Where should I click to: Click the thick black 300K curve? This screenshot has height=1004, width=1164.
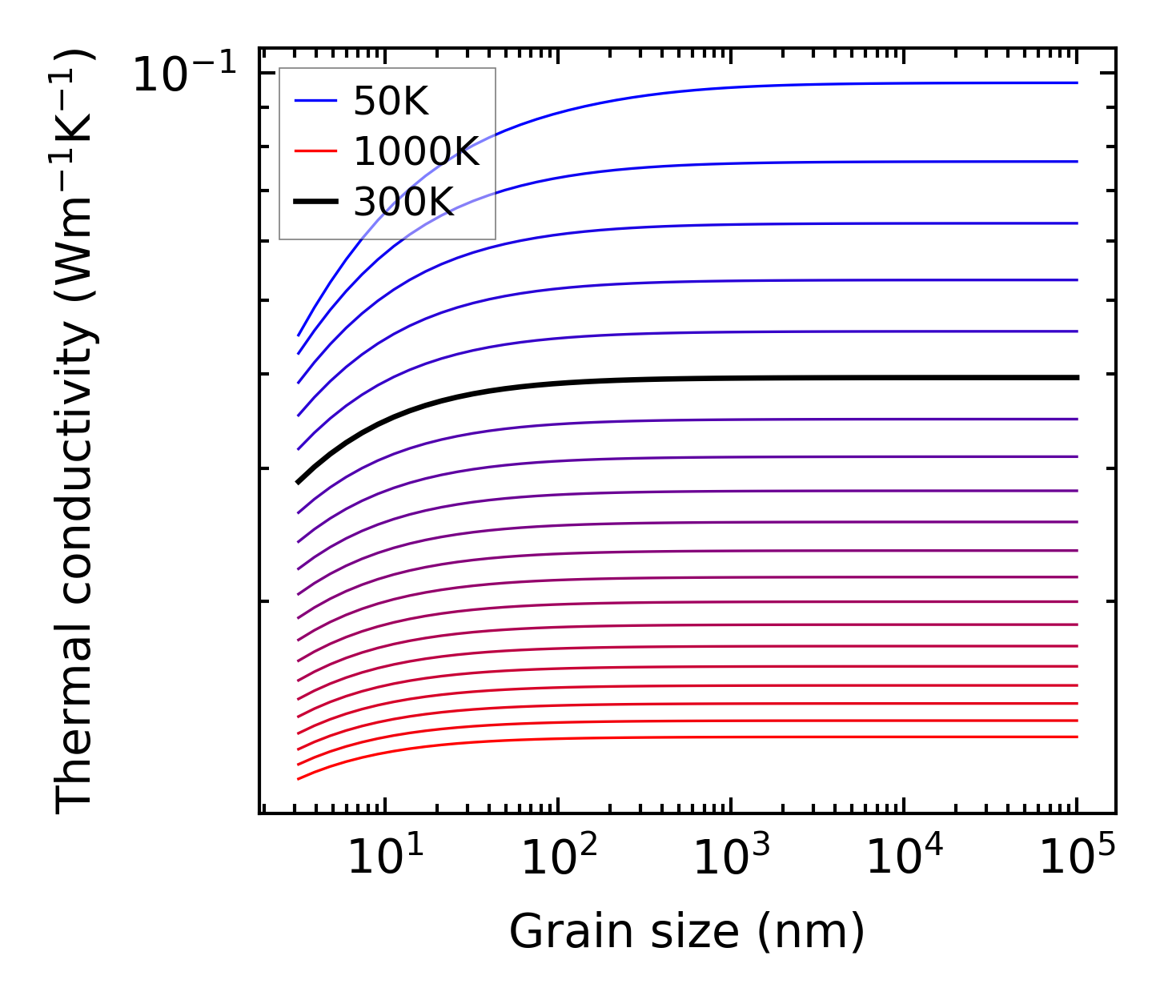(720, 378)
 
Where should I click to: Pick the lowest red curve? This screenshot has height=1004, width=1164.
(720, 737)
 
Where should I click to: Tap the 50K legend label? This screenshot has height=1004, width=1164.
(391, 102)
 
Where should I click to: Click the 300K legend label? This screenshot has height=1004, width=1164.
(403, 202)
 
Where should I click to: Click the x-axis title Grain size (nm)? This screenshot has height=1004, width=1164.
(687, 932)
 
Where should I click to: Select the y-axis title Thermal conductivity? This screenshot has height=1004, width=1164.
(76, 432)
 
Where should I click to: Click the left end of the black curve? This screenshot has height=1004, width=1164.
(299, 482)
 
